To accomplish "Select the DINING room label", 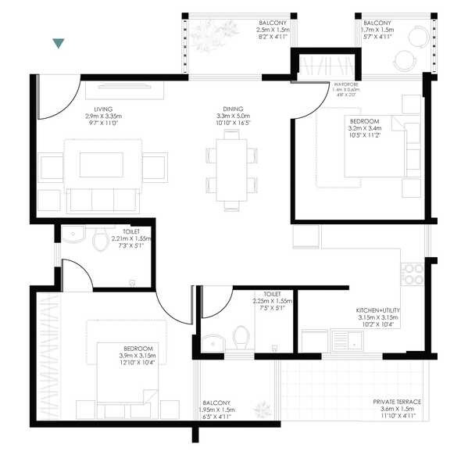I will pos(232,109).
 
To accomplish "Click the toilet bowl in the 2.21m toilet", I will pos(99,242).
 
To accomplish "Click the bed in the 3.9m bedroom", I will pos(130,374).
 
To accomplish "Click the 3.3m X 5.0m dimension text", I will pos(232,116).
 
